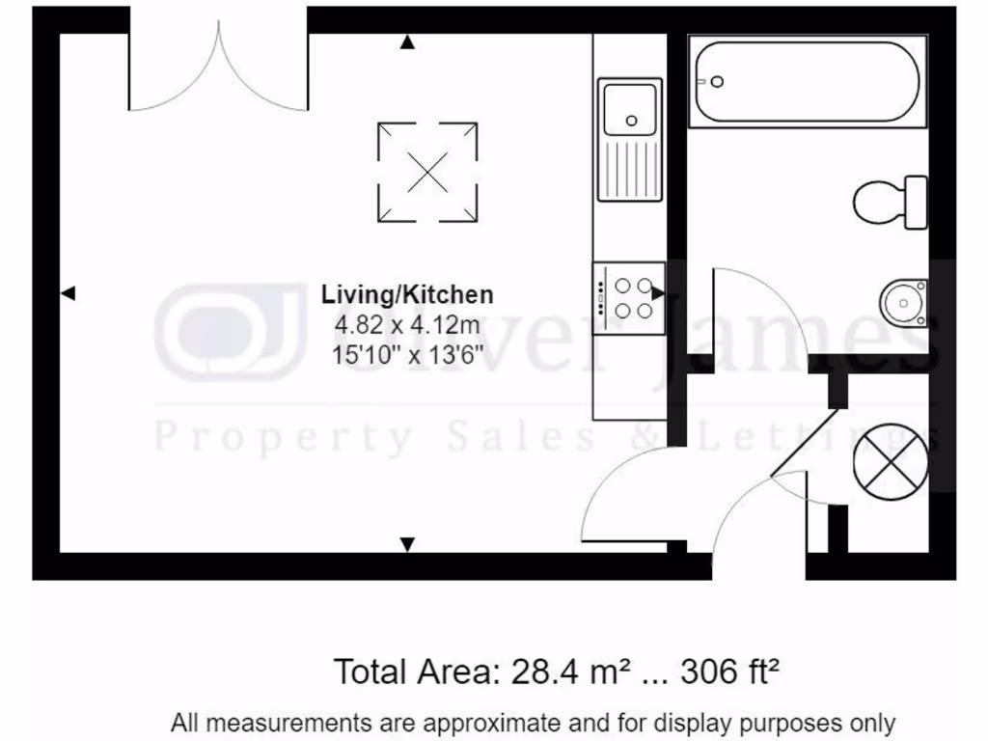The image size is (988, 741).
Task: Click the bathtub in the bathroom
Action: tap(807, 81)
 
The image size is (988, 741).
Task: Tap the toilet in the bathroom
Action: tap(889, 202)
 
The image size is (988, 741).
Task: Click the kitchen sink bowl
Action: tap(629, 108)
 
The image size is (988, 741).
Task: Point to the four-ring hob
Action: tap(629, 298)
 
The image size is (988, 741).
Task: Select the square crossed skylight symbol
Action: tap(427, 172)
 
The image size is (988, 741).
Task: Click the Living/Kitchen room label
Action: tap(407, 295)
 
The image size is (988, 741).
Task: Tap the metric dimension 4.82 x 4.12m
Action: tap(407, 324)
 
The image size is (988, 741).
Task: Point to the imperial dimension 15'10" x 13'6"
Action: tap(407, 353)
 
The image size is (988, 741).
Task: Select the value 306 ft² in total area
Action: tap(729, 671)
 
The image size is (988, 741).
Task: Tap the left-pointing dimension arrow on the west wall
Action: tap(68, 293)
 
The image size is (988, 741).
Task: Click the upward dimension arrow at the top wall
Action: tap(408, 42)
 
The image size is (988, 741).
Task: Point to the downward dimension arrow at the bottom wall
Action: tap(408, 544)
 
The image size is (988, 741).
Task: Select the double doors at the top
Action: tap(219, 68)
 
